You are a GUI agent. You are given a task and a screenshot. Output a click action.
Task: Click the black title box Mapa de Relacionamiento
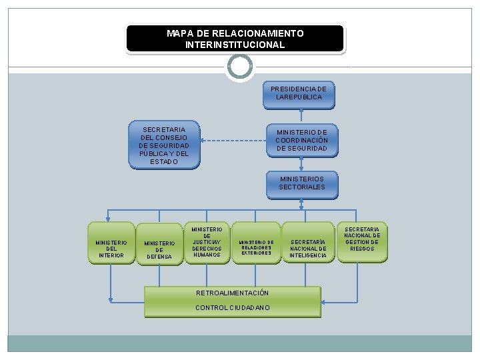pos(235,39)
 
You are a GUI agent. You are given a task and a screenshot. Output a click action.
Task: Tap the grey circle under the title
pos(239,67)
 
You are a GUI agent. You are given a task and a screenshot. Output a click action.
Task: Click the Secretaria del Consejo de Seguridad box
pos(164,145)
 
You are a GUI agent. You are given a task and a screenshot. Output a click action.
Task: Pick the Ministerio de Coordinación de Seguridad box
pos(302,140)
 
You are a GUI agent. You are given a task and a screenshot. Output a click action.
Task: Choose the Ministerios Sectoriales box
pos(302,183)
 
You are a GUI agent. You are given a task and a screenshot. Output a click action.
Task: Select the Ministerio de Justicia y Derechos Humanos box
pos(207,242)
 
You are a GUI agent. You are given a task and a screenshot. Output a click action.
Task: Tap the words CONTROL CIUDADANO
pos(233,307)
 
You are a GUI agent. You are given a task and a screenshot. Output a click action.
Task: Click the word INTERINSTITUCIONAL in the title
pos(235,45)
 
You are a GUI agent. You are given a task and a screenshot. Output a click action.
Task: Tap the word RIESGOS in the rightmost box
pos(362,249)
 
